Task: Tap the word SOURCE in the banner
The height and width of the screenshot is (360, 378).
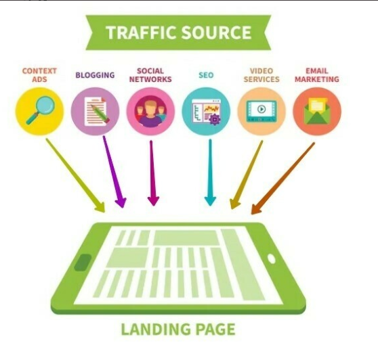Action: tap(217, 32)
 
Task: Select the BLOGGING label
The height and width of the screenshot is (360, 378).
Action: tap(96, 75)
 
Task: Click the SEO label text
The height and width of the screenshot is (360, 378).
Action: tap(206, 75)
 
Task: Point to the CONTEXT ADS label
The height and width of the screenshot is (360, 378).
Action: tap(39, 75)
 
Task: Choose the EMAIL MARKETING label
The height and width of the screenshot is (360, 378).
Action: tap(317, 75)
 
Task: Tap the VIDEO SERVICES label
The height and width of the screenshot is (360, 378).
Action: tap(261, 75)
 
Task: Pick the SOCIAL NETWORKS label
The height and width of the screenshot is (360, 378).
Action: tap(150, 75)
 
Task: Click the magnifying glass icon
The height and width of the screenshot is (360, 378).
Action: tap(41, 110)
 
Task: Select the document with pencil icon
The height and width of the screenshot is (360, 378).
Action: tap(96, 111)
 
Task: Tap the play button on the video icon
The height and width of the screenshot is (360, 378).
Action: tap(261, 109)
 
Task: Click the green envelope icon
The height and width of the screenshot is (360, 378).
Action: tap(317, 111)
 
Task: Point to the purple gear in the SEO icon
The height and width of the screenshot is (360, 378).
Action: tap(215, 120)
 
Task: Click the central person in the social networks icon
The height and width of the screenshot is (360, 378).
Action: tap(150, 113)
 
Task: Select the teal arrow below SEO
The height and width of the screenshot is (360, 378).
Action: tap(210, 173)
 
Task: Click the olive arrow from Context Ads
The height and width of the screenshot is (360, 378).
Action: tap(75, 175)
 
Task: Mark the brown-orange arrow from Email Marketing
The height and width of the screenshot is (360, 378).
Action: tap(282, 178)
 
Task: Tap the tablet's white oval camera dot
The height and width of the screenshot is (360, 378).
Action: tap(272, 258)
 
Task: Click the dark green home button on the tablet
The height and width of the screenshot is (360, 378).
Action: tap(83, 263)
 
